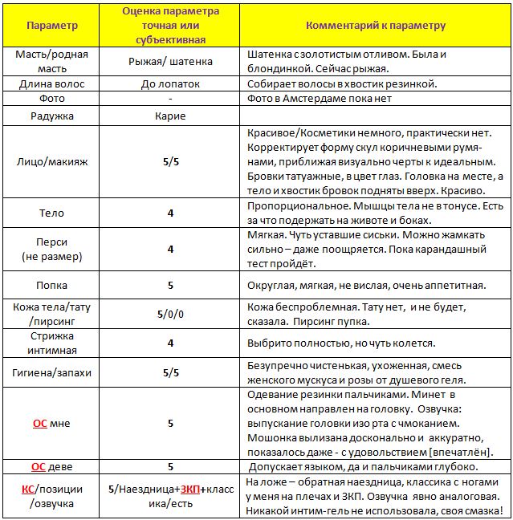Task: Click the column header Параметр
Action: click(x=52, y=25)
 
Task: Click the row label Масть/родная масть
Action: click(x=52, y=61)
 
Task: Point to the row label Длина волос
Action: click(x=52, y=83)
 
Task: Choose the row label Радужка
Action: click(x=52, y=116)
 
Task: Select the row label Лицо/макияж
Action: click(x=52, y=162)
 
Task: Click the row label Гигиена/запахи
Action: click(x=52, y=372)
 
